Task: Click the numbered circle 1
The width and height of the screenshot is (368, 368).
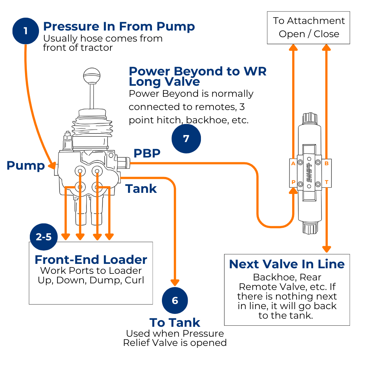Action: click(25, 31)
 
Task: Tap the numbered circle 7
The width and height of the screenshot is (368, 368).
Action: click(186, 139)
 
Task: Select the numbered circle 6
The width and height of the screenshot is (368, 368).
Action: click(175, 301)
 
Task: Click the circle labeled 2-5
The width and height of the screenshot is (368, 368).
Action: click(43, 237)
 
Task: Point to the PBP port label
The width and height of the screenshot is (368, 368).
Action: click(147, 153)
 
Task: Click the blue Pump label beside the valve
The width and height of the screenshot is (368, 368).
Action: click(25, 166)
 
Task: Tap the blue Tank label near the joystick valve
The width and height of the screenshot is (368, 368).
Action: click(141, 189)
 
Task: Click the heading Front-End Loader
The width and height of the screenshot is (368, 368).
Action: click(91, 260)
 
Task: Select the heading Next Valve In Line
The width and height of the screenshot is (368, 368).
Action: click(287, 264)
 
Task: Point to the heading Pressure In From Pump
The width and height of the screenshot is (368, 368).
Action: click(119, 26)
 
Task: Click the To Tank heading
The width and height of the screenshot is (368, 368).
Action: click(175, 323)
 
